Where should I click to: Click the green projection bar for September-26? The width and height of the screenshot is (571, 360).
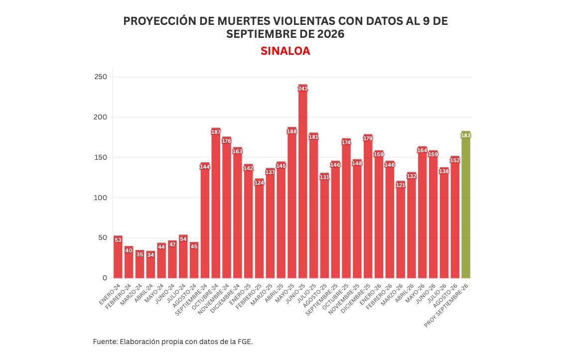(465, 205)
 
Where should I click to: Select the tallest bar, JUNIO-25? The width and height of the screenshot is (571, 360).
(302, 181)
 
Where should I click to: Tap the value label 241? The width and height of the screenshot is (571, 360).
(302, 89)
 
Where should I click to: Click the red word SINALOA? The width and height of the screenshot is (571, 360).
(285, 51)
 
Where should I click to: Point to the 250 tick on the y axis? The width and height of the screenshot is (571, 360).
(101, 77)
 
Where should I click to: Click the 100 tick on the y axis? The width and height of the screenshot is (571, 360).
(101, 198)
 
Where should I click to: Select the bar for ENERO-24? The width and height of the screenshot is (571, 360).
(118, 257)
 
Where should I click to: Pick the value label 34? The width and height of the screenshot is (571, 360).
(150, 255)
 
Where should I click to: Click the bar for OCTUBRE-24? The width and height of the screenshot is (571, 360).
(216, 203)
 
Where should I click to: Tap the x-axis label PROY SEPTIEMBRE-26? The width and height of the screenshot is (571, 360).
(446, 305)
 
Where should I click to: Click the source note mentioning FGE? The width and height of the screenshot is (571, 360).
(172, 342)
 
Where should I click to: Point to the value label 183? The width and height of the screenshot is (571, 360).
(466, 135)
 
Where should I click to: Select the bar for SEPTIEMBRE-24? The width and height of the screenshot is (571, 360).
(205, 220)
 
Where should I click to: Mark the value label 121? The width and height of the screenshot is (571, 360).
(401, 185)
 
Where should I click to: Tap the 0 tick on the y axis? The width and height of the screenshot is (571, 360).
(105, 278)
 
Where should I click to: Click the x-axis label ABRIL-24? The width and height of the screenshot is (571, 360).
(143, 294)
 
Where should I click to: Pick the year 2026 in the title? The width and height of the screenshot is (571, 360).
(331, 34)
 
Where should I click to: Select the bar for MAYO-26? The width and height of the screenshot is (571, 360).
(422, 212)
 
